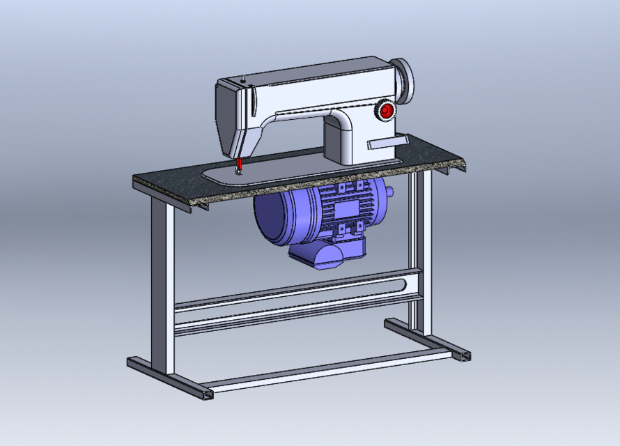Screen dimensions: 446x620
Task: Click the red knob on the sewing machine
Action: click(x=386, y=111)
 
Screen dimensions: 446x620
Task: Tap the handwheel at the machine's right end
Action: click(x=403, y=78)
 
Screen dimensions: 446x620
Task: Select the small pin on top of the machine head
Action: click(x=243, y=78)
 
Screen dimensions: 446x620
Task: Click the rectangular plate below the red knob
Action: click(x=387, y=143)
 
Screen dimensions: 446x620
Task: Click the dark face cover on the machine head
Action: click(x=227, y=118)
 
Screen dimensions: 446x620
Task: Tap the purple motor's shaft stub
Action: click(x=389, y=191)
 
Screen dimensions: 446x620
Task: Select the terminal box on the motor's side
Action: click(x=346, y=209)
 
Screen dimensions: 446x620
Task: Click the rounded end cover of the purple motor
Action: click(x=268, y=216)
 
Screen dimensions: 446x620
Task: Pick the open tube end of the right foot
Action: click(x=463, y=356)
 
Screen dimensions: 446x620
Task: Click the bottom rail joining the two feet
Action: click(x=327, y=369)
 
